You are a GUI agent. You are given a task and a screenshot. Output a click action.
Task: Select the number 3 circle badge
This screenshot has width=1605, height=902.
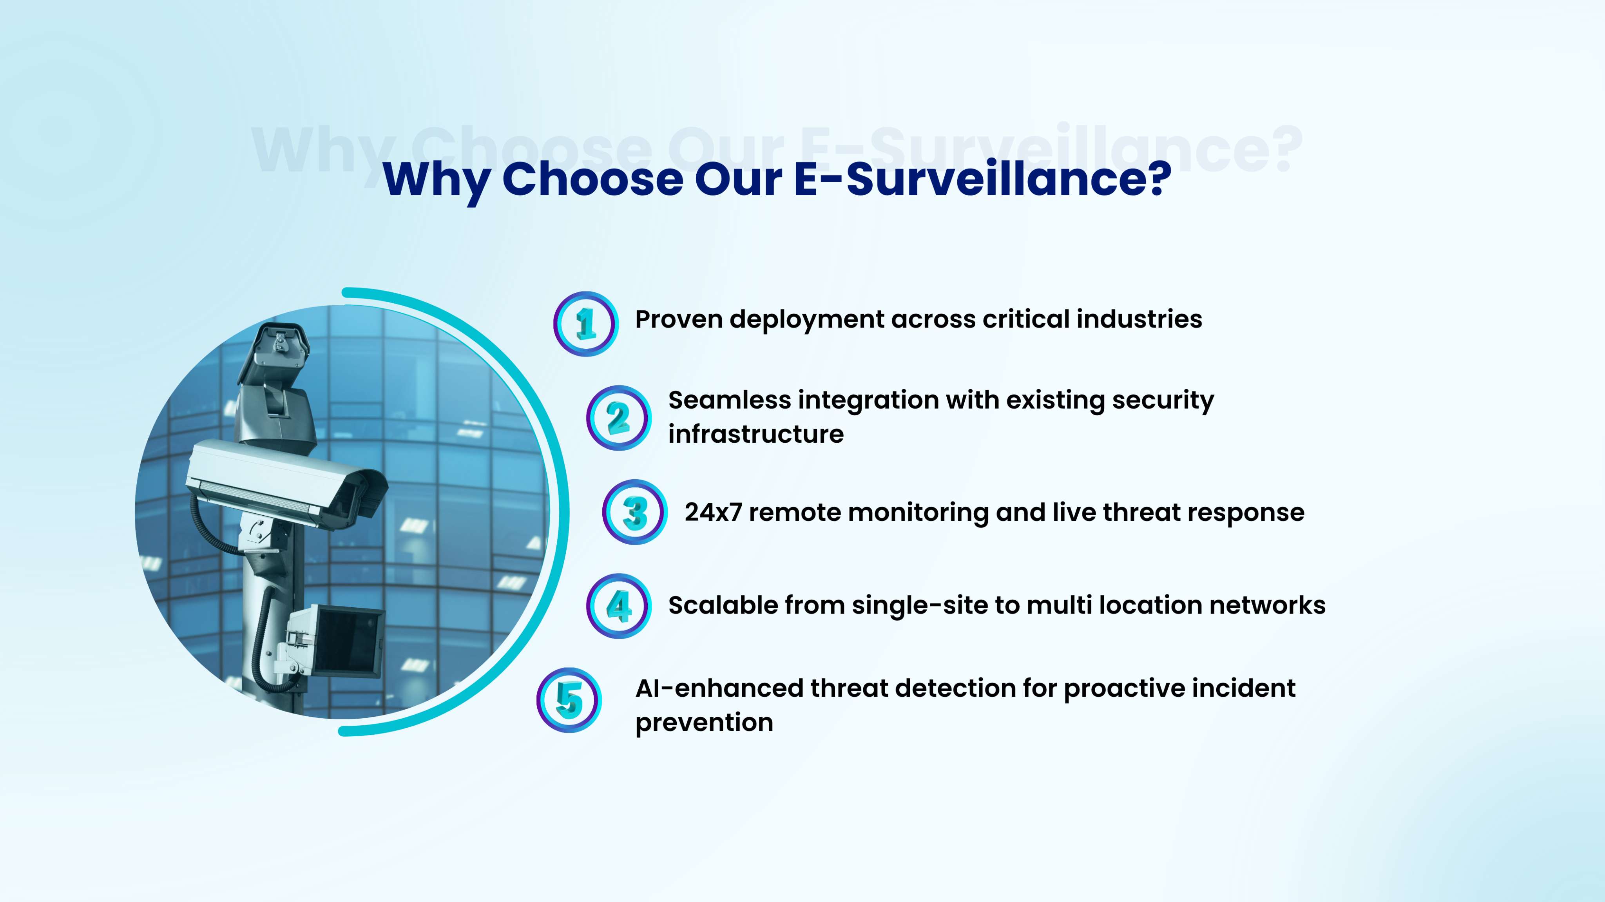pyautogui.click(x=635, y=512)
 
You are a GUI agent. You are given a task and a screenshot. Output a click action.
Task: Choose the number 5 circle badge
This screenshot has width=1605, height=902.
pyautogui.click(x=569, y=700)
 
